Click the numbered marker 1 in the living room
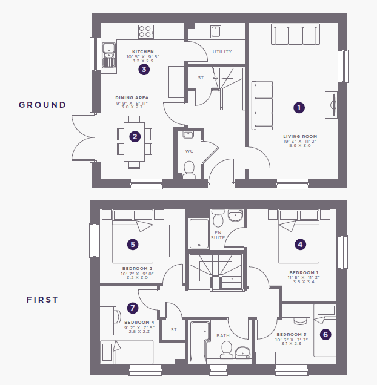tap(299, 108)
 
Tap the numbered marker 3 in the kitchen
tap(144, 69)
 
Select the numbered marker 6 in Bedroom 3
tap(325, 334)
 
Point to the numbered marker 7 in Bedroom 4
tap(133, 308)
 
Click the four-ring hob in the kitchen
tap(146, 31)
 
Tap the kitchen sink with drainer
tap(109, 55)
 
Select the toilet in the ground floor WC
tap(189, 169)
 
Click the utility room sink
tap(216, 31)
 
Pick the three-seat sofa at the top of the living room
tap(295, 35)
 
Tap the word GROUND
tap(42, 105)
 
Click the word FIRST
tap(42, 300)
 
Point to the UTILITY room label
tap(222, 52)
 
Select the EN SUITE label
tap(218, 235)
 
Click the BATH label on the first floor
tap(223, 335)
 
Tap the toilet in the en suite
tap(218, 218)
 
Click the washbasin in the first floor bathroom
tap(242, 352)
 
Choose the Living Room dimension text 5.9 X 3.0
tap(300, 146)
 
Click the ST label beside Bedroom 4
tap(173, 330)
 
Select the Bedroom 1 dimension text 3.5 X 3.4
tap(304, 282)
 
